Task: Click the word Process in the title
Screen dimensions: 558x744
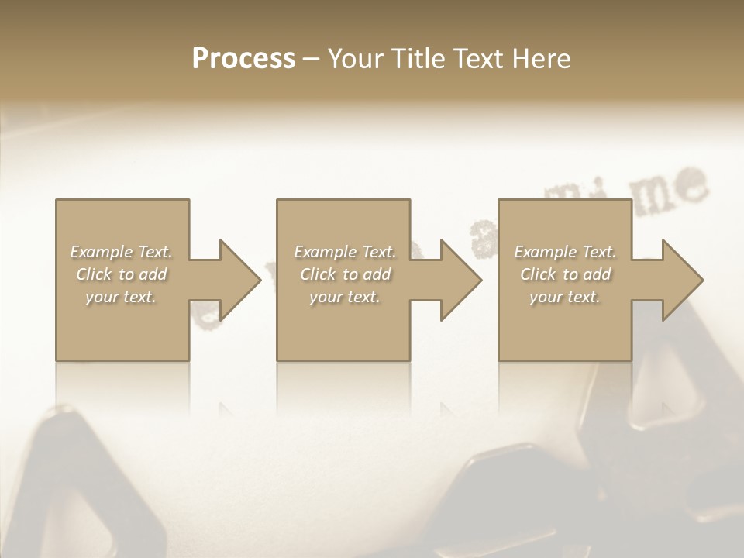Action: coord(243,59)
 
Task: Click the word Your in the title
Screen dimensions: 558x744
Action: coord(356,59)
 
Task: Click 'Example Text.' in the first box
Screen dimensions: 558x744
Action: coord(121,252)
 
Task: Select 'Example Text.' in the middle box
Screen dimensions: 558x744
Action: coord(344,252)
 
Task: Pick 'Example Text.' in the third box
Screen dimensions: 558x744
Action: coord(565,252)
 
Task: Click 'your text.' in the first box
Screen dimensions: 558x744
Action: coord(121,297)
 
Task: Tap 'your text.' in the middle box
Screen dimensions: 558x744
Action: coord(344,297)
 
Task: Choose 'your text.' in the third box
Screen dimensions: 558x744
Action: coord(565,297)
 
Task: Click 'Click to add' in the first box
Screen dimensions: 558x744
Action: coord(121,274)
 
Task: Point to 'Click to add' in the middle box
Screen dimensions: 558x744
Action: coord(344,274)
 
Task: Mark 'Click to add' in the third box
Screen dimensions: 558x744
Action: coord(565,274)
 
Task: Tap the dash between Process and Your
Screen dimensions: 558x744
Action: coord(312,59)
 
